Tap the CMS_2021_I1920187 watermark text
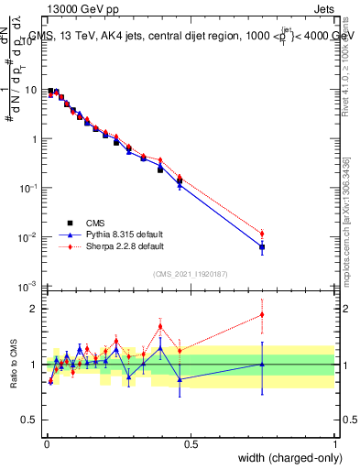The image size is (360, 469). [x=191, y=274]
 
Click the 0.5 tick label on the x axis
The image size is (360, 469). [x=191, y=444]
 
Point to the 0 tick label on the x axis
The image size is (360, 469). [x=47, y=444]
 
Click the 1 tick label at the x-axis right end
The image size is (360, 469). [x=335, y=444]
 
